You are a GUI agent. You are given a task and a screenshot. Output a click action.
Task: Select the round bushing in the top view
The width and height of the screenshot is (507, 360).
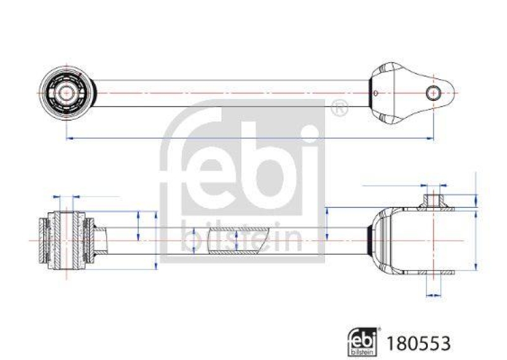(x=66, y=93)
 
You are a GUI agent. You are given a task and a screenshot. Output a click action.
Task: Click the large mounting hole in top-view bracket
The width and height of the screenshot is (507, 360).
(x=433, y=93)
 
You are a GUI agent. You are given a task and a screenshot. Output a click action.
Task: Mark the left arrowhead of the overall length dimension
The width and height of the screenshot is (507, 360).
(x=68, y=138)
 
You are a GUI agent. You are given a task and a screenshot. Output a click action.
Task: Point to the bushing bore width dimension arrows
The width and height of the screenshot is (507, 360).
(x=65, y=196)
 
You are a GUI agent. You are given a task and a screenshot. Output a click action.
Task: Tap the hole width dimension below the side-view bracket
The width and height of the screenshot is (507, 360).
(x=433, y=294)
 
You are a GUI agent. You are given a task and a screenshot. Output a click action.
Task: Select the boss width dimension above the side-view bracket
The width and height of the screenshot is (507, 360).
(x=433, y=185)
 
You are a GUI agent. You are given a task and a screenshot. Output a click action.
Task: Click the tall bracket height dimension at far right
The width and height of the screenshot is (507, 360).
(x=475, y=241)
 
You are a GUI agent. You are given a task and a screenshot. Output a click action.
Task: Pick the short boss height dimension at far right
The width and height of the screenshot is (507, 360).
(x=475, y=201)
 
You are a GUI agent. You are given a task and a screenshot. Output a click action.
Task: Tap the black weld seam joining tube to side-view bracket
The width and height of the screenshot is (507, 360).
(x=371, y=241)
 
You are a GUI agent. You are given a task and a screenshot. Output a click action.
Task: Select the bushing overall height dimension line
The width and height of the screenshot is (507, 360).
(x=156, y=241)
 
